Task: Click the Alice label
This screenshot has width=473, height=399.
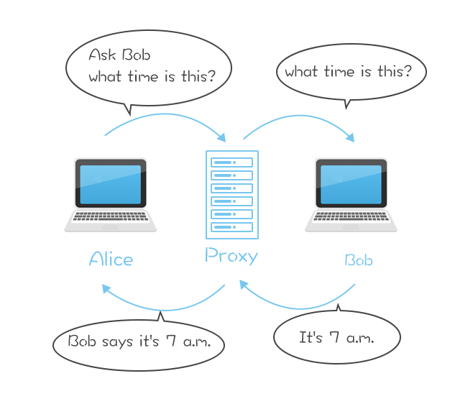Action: pos(111,259)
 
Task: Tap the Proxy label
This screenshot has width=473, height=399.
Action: pos(231,256)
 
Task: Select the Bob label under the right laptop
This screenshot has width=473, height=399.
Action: pos(359,260)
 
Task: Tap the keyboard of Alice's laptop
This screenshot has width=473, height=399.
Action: pos(111,216)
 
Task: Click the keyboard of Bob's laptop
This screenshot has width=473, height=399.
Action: pos(351,216)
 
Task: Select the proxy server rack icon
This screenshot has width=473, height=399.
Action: pos(231,195)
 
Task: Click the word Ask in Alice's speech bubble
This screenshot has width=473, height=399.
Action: pos(101,55)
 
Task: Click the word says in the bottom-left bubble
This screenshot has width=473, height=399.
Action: pos(120,341)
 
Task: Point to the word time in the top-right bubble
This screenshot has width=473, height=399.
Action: pos(337,72)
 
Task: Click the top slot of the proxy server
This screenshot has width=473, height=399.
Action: pos(231,162)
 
